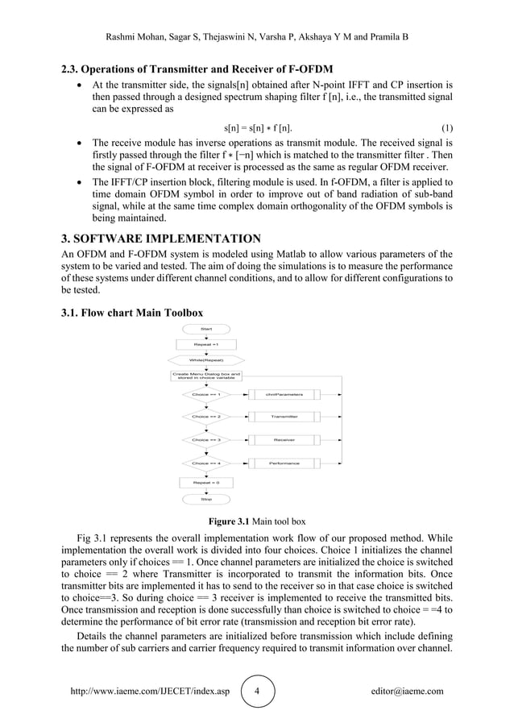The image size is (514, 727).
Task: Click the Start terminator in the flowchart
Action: coord(206,329)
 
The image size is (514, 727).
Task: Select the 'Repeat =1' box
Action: coord(206,344)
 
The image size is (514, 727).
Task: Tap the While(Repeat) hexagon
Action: coord(206,359)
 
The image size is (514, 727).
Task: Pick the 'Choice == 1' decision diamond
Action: coord(206,394)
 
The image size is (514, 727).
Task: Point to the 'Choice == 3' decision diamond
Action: coord(206,440)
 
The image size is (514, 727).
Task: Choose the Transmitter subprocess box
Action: coord(284,417)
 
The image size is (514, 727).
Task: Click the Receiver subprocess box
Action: coord(284,440)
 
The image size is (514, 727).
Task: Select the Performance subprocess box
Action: coord(284,463)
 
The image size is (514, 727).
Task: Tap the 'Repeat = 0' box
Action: coord(206,482)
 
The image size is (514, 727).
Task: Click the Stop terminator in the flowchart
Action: coord(206,499)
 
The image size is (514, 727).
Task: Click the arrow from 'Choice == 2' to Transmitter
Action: coord(238,417)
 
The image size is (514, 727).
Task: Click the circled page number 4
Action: coord(257,692)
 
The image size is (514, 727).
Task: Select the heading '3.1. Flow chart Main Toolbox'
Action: coord(132,312)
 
